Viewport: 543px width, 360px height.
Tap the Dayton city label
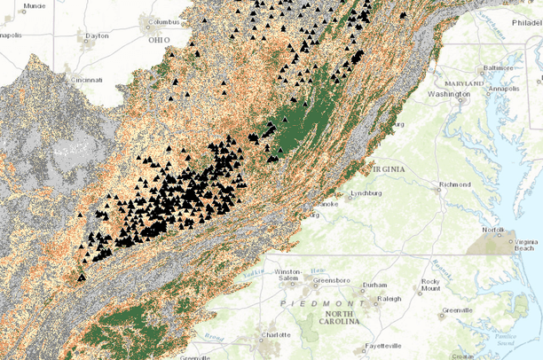pyautogui.click(x=97, y=36)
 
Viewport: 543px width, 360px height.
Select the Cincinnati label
pyautogui.click(x=88, y=80)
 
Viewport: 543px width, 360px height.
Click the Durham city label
pyautogui.click(x=375, y=286)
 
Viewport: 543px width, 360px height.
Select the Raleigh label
pyautogui.click(x=390, y=299)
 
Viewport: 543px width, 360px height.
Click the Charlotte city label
pyautogui.click(x=276, y=335)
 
